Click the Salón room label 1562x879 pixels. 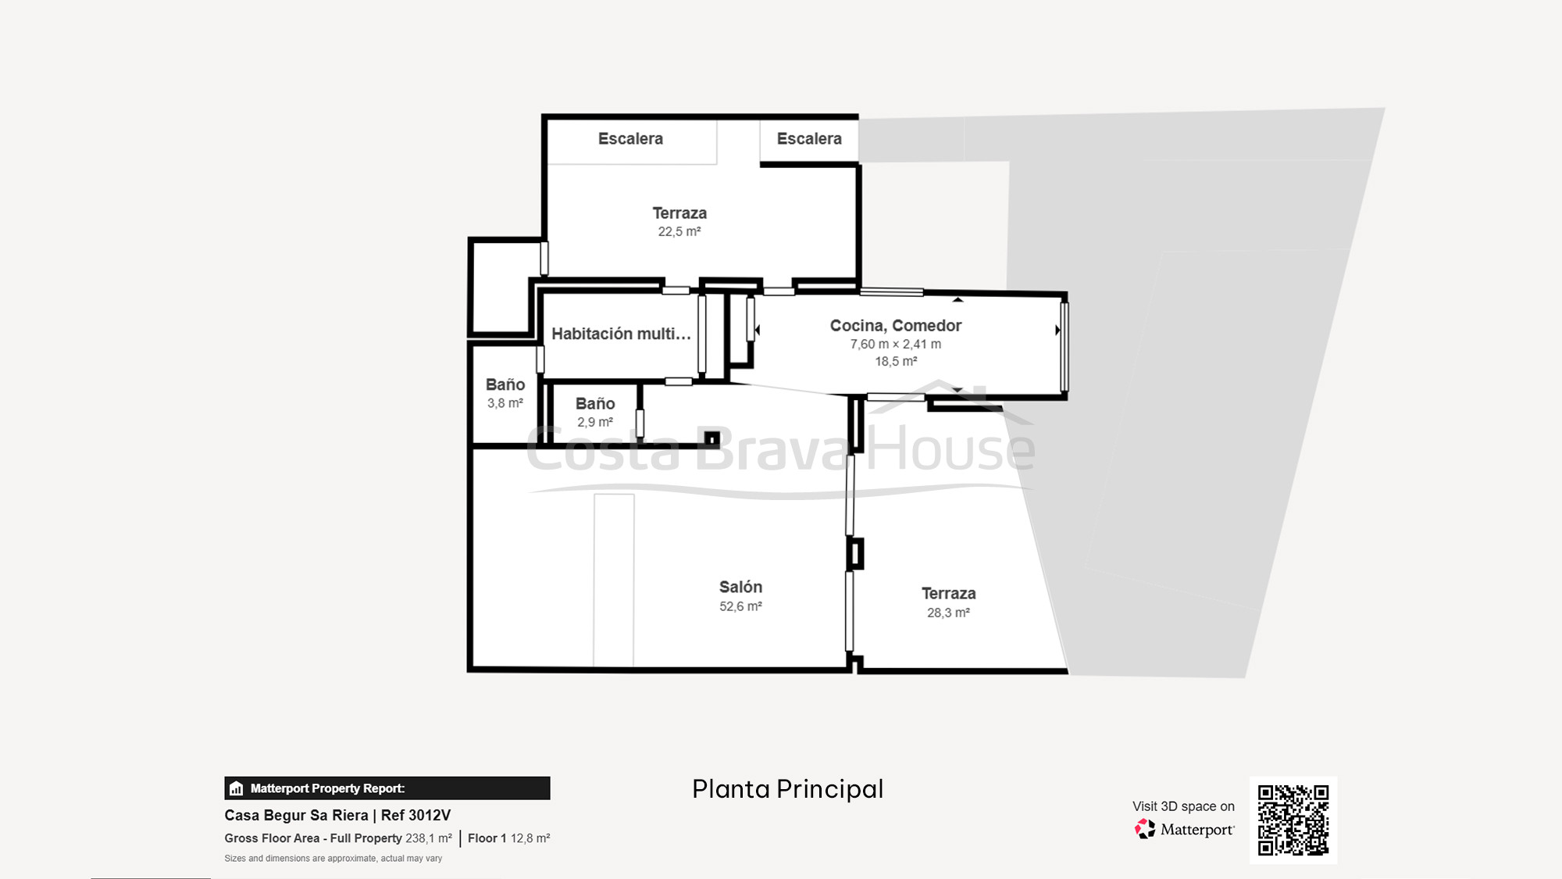(x=740, y=587)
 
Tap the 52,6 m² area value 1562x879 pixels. (x=740, y=606)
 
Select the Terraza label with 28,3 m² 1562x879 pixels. (x=948, y=594)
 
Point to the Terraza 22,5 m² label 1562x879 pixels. (x=679, y=213)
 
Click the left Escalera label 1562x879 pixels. (x=630, y=139)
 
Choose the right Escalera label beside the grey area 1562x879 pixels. (x=809, y=139)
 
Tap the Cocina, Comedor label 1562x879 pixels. (x=895, y=326)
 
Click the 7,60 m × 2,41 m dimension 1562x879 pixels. (x=895, y=345)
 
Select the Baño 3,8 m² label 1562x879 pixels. (x=505, y=385)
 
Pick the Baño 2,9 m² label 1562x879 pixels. (x=595, y=404)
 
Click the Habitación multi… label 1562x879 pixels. (x=621, y=334)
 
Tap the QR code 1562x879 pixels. (x=1293, y=820)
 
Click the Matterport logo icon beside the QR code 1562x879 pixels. (x=1145, y=829)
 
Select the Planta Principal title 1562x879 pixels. (x=787, y=789)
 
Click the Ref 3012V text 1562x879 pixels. (x=415, y=816)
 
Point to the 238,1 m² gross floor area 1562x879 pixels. (x=428, y=838)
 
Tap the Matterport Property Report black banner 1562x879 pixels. (x=387, y=788)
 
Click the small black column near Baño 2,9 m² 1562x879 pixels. (x=712, y=439)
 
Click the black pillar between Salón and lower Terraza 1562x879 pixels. (x=855, y=553)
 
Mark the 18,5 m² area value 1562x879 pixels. (x=895, y=362)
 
